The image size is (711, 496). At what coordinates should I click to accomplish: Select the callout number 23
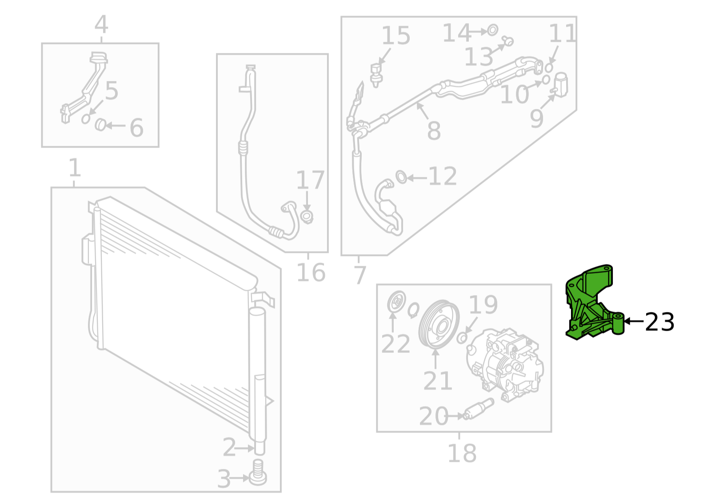(x=659, y=322)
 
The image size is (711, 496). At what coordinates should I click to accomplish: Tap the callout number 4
(x=102, y=24)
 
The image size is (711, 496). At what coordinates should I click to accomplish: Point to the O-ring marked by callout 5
(x=86, y=119)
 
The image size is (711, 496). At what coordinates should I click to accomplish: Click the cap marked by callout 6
(x=100, y=125)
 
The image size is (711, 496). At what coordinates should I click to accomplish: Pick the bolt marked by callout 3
(x=258, y=473)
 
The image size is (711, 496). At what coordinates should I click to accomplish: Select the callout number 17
(x=310, y=180)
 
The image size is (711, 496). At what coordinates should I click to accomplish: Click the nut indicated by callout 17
(x=307, y=217)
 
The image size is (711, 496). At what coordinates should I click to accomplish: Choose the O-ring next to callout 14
(x=492, y=30)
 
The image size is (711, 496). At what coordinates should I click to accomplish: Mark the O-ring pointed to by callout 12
(x=401, y=177)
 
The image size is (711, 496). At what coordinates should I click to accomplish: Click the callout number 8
(x=434, y=131)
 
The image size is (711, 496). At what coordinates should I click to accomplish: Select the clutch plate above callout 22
(x=396, y=302)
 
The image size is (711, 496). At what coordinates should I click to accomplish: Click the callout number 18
(x=462, y=453)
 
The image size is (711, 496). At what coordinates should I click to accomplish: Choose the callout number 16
(x=311, y=272)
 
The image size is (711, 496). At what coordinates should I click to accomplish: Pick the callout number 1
(x=75, y=168)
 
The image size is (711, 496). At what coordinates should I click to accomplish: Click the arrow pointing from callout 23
(x=634, y=321)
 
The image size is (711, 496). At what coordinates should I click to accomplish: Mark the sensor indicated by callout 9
(x=559, y=84)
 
